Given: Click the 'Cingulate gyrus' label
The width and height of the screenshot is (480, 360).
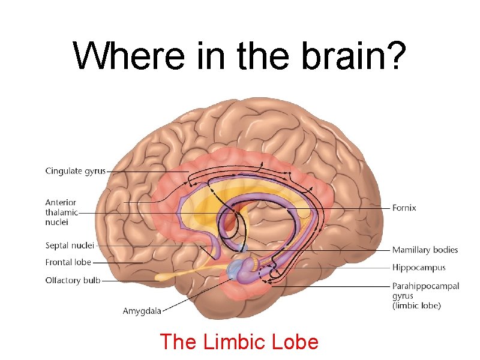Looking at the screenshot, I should tap(75, 171).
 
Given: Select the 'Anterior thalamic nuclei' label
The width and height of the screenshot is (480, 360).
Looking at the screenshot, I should tap(61, 212).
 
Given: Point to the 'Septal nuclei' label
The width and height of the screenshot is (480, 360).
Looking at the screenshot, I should tap(70, 245).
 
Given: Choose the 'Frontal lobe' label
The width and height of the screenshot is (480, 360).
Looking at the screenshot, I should tap(68, 262).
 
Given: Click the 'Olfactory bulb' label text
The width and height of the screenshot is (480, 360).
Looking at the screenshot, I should tap(73, 280).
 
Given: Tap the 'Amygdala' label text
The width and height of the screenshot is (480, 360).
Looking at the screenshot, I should tap(142, 311).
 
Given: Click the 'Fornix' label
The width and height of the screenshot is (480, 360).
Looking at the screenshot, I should tap(404, 208).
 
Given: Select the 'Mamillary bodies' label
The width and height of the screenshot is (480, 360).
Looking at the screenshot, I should tap(425, 250).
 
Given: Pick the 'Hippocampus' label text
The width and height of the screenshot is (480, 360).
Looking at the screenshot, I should tap(419, 268).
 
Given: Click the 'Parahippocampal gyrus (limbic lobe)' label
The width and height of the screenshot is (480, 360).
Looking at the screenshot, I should tap(425, 296).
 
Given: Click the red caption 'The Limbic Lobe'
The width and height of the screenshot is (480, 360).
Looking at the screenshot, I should tap(239, 342).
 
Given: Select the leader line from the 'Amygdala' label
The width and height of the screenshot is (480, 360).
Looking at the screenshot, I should tap(192, 297).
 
